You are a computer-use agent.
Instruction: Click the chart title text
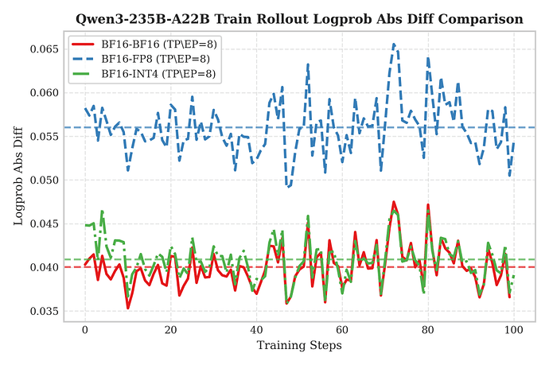click(x=299, y=18)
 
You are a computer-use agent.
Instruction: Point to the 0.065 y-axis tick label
click(x=44, y=49)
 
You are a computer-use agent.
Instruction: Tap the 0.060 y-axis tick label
click(x=44, y=93)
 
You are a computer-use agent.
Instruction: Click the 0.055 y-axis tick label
click(x=44, y=137)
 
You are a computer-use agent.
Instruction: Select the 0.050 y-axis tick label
click(x=44, y=180)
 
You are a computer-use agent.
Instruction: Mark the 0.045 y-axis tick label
click(x=44, y=223)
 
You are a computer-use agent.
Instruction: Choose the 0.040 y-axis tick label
click(x=44, y=267)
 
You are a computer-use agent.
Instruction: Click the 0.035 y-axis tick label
click(x=44, y=311)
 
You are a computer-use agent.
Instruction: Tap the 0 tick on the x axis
click(x=85, y=331)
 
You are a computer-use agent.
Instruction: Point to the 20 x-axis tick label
click(x=170, y=331)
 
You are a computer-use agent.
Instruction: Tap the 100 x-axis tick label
click(x=514, y=331)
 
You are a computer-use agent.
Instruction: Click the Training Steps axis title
click(x=299, y=346)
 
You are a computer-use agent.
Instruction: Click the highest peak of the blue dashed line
click(x=394, y=45)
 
